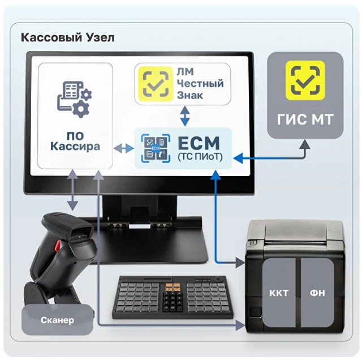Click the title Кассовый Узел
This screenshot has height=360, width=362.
pos(68,37)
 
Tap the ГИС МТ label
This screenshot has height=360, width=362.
pos(305,119)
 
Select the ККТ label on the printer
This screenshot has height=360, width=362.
pos(279,293)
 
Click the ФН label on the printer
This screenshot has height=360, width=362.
pos(317,293)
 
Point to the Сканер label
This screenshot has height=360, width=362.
pos(57,320)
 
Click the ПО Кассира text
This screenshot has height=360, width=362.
pos(75,141)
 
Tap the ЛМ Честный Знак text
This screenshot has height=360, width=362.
pos(200,83)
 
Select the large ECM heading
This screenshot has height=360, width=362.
pos(199,143)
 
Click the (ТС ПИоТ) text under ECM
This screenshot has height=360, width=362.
pos(200,157)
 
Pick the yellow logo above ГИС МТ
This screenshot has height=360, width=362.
pos(305,80)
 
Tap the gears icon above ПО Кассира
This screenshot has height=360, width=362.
pos(74,99)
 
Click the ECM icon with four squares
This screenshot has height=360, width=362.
pos(156,148)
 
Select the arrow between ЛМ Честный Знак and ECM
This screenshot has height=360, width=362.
pos(185,116)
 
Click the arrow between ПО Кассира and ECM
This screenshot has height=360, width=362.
pos(124,148)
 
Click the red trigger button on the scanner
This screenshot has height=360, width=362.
pos(57,247)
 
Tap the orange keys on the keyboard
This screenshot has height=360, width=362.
pos(173,287)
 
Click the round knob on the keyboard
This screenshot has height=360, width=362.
pos(217,279)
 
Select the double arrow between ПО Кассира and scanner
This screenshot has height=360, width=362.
pos(73,190)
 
